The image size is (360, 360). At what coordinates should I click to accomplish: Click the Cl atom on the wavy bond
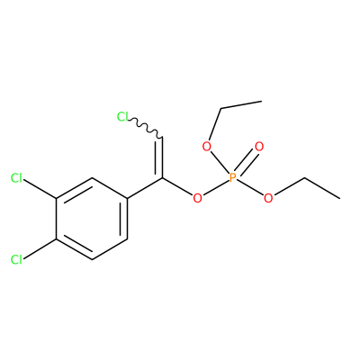point(122,116)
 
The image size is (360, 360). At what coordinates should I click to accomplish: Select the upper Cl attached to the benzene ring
point(16,178)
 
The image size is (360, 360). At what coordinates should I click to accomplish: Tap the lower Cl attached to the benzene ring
point(16,260)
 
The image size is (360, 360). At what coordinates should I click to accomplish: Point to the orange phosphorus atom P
point(232,178)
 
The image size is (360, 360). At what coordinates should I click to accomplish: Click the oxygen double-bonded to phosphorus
point(259,147)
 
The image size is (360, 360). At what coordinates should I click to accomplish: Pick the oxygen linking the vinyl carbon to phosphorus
point(197,198)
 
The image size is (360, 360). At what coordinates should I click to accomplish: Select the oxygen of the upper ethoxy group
point(206,147)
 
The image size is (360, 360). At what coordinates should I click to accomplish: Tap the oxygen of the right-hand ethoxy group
point(268,198)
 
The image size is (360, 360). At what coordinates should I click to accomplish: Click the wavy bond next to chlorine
point(145,128)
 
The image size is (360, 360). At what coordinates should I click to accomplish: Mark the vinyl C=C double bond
point(159,158)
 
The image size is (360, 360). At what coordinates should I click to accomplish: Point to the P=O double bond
point(245,163)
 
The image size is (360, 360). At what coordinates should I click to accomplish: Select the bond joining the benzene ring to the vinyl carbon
point(145,188)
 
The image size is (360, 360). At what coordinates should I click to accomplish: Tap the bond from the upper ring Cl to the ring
point(40,189)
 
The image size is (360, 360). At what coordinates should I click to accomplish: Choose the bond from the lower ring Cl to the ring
point(40,249)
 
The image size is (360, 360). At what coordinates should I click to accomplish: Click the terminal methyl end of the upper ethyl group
point(262,102)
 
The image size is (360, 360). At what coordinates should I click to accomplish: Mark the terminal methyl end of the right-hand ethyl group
point(339,198)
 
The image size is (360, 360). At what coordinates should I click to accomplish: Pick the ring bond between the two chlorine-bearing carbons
point(56,219)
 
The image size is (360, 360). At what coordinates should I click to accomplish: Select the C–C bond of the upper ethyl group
point(241,105)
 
